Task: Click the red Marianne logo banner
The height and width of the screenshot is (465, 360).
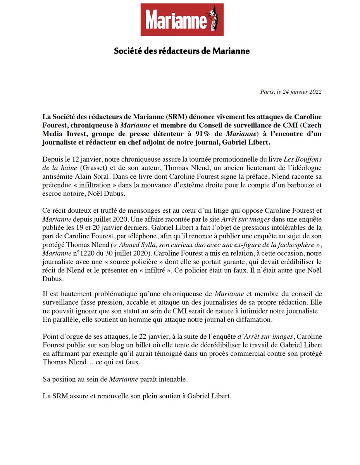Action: tap(182, 19)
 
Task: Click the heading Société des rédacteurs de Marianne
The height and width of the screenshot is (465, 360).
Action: tap(182, 51)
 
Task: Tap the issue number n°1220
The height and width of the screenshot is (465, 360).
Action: tap(83, 253)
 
